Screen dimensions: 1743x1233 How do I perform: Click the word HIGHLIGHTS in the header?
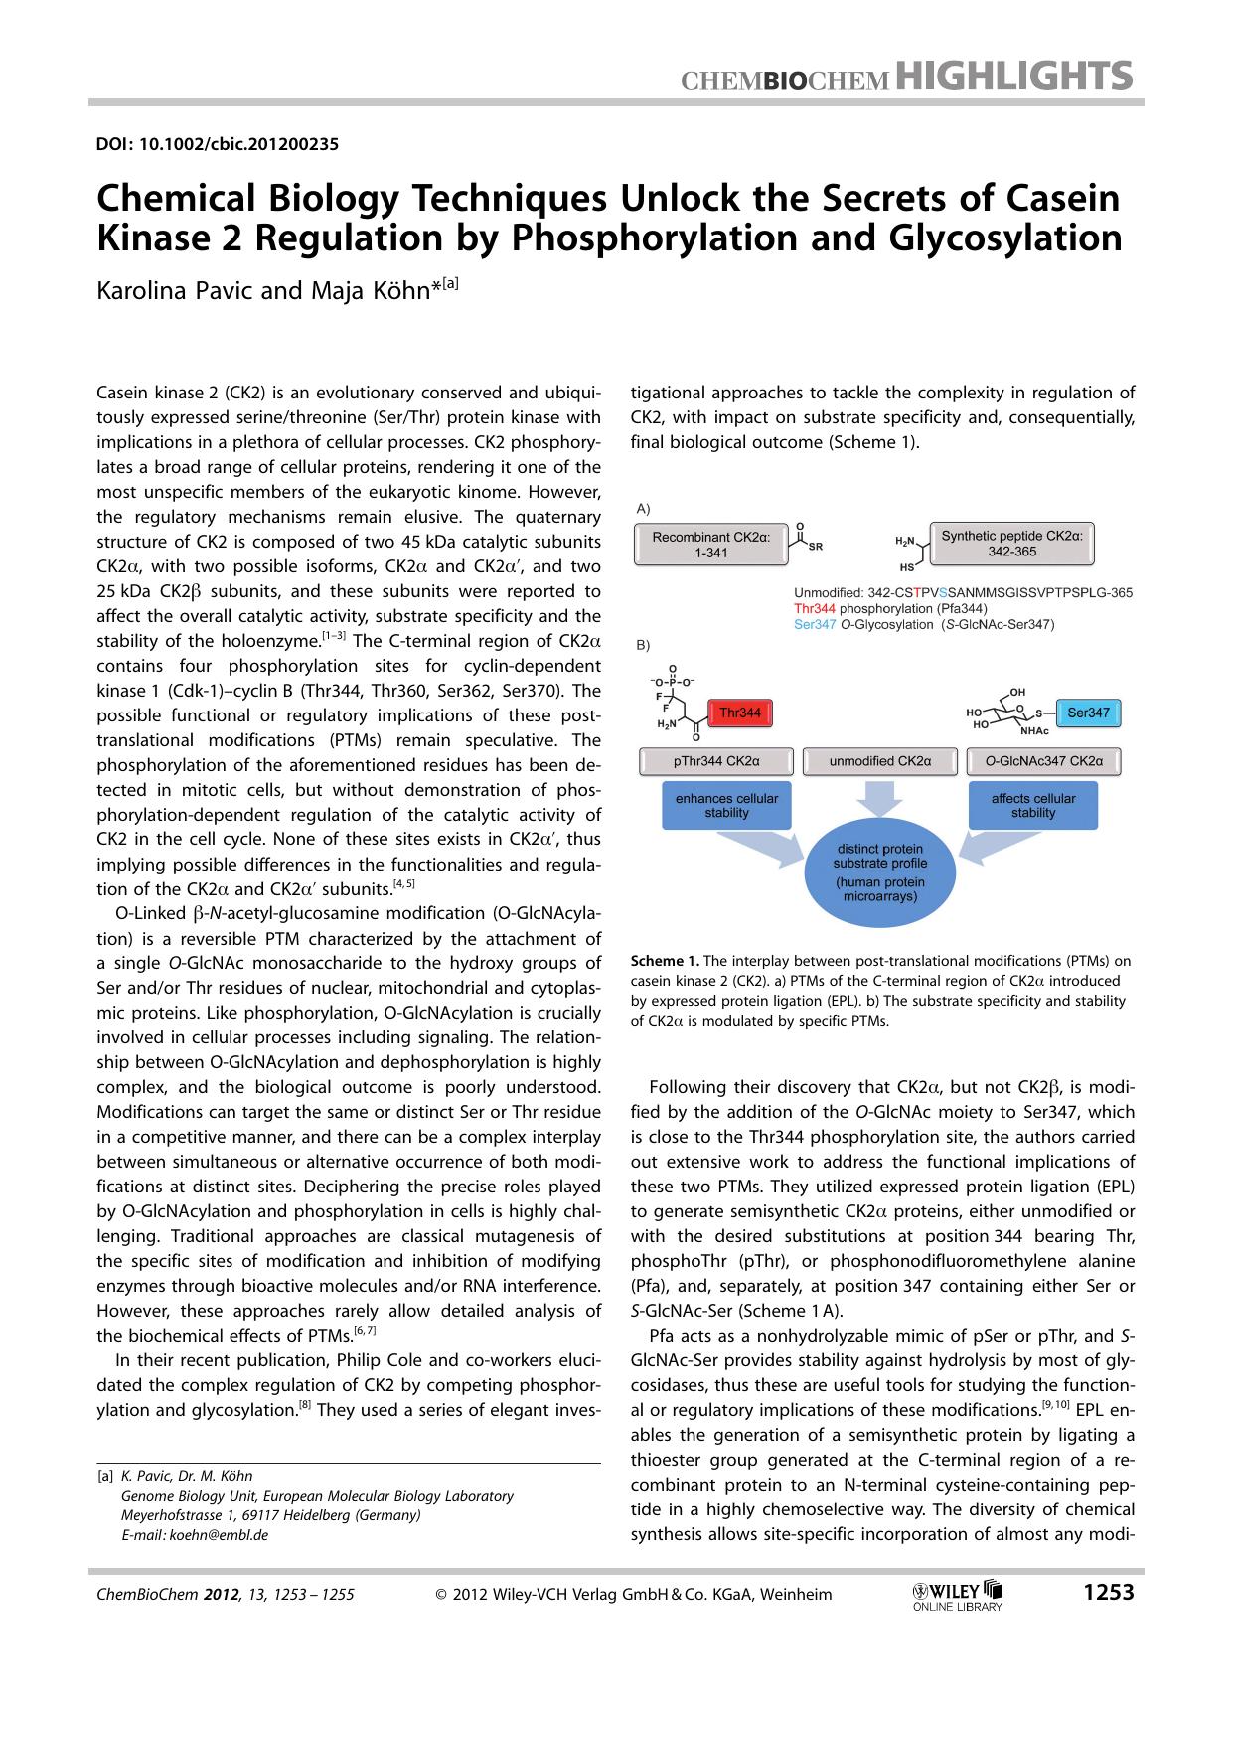[1014, 76]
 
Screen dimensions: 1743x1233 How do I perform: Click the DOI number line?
[218, 144]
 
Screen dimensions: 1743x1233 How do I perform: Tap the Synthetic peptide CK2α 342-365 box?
[1011, 543]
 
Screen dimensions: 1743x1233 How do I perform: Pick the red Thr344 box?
[740, 713]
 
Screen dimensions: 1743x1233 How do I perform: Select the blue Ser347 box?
[1088, 713]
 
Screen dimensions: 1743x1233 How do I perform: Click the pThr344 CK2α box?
[715, 761]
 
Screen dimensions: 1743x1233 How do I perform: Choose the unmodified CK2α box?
[879, 761]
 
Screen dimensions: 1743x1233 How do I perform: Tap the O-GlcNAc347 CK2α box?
[1043, 761]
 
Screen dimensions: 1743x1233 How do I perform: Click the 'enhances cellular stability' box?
[726, 805]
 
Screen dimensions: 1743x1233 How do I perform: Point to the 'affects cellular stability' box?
[1033, 805]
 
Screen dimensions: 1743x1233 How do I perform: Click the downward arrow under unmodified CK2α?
[879, 798]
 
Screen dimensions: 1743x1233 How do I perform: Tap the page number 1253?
[1108, 1593]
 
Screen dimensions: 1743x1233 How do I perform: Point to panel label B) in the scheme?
[643, 644]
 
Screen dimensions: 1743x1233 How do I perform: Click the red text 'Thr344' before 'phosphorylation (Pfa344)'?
[814, 608]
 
